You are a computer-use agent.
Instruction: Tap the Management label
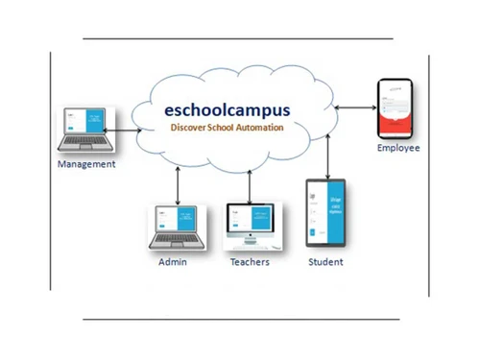click(x=86, y=164)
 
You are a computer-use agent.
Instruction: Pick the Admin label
click(x=173, y=261)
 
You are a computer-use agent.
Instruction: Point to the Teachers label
click(x=250, y=261)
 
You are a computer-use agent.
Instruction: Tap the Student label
click(x=325, y=261)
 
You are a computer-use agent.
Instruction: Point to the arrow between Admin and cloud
click(x=179, y=182)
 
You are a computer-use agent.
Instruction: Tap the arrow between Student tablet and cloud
click(x=328, y=154)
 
